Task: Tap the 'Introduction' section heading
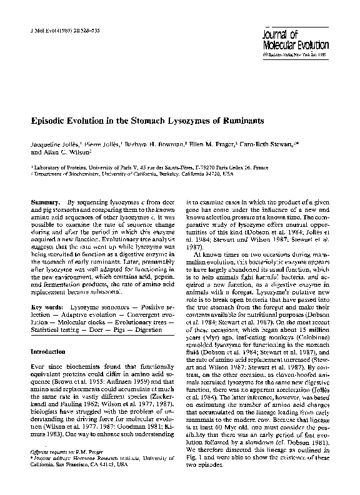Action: tap(48, 352)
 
